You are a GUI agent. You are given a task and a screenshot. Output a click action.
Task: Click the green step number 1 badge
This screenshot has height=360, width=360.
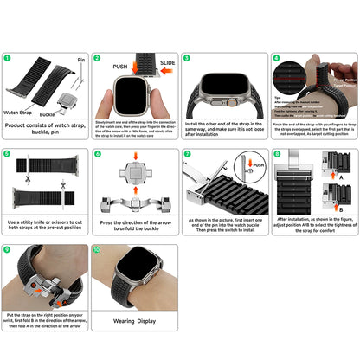pyautogui.click(x=8, y=59)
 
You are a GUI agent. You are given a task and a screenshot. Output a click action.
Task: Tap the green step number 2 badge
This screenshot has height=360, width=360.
pyautogui.click(x=97, y=59)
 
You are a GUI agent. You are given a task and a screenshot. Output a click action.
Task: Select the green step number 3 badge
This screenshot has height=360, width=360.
pyautogui.click(x=186, y=59)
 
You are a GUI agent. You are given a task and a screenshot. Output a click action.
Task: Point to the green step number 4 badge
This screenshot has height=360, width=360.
pyautogui.click(x=275, y=59)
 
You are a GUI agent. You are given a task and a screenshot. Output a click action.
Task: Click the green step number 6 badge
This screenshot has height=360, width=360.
pyautogui.click(x=97, y=154)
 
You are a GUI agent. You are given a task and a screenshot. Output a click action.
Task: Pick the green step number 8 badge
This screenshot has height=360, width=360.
pyautogui.click(x=275, y=154)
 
